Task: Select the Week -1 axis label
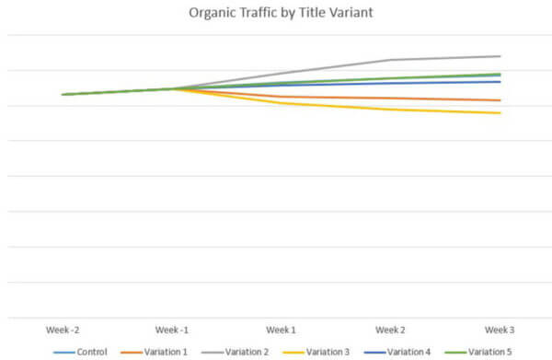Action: pos(171,329)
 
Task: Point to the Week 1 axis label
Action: pos(281,329)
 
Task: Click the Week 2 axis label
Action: pos(390,329)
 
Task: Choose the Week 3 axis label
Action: pos(500,329)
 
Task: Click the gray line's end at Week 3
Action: pos(500,56)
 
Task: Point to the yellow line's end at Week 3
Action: pos(500,113)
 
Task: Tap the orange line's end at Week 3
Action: pos(500,100)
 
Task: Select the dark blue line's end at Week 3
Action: pos(500,81)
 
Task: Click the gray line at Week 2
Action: pos(390,60)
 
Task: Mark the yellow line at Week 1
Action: pos(281,103)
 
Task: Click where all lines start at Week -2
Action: pos(63,94)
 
